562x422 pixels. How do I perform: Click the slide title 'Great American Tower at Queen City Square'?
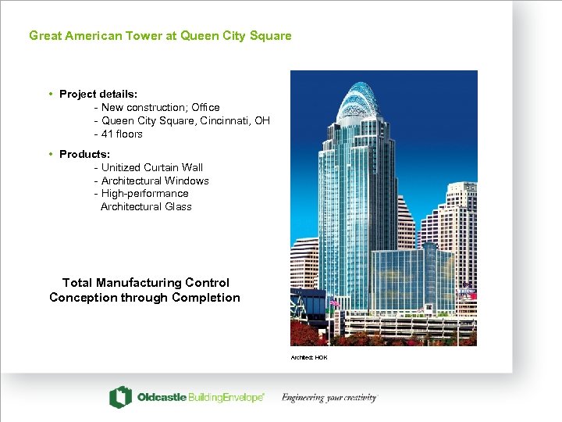coord(160,35)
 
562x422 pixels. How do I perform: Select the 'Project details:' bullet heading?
coord(98,94)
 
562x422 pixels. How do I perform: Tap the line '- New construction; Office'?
coord(157,107)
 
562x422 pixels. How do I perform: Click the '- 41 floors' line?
coord(119,134)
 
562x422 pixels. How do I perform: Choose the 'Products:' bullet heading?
coord(84,154)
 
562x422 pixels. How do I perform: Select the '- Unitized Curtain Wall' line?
coord(148,167)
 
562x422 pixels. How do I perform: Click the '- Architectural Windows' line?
coord(151,181)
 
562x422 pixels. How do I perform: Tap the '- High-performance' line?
coord(141,193)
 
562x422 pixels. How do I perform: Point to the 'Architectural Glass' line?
coord(146,206)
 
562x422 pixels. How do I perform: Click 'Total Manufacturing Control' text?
coord(146,282)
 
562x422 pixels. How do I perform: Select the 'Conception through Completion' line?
coord(144,297)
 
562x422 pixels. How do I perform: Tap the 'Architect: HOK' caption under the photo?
coord(309,357)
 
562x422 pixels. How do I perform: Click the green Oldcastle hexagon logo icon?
coord(119,397)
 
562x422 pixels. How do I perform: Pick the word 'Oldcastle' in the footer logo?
coord(162,397)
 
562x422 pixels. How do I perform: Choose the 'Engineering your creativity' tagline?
coord(329,397)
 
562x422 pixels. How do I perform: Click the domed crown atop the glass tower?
coord(357,102)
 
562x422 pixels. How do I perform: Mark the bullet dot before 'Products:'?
coord(51,154)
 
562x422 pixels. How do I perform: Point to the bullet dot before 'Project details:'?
coord(51,94)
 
